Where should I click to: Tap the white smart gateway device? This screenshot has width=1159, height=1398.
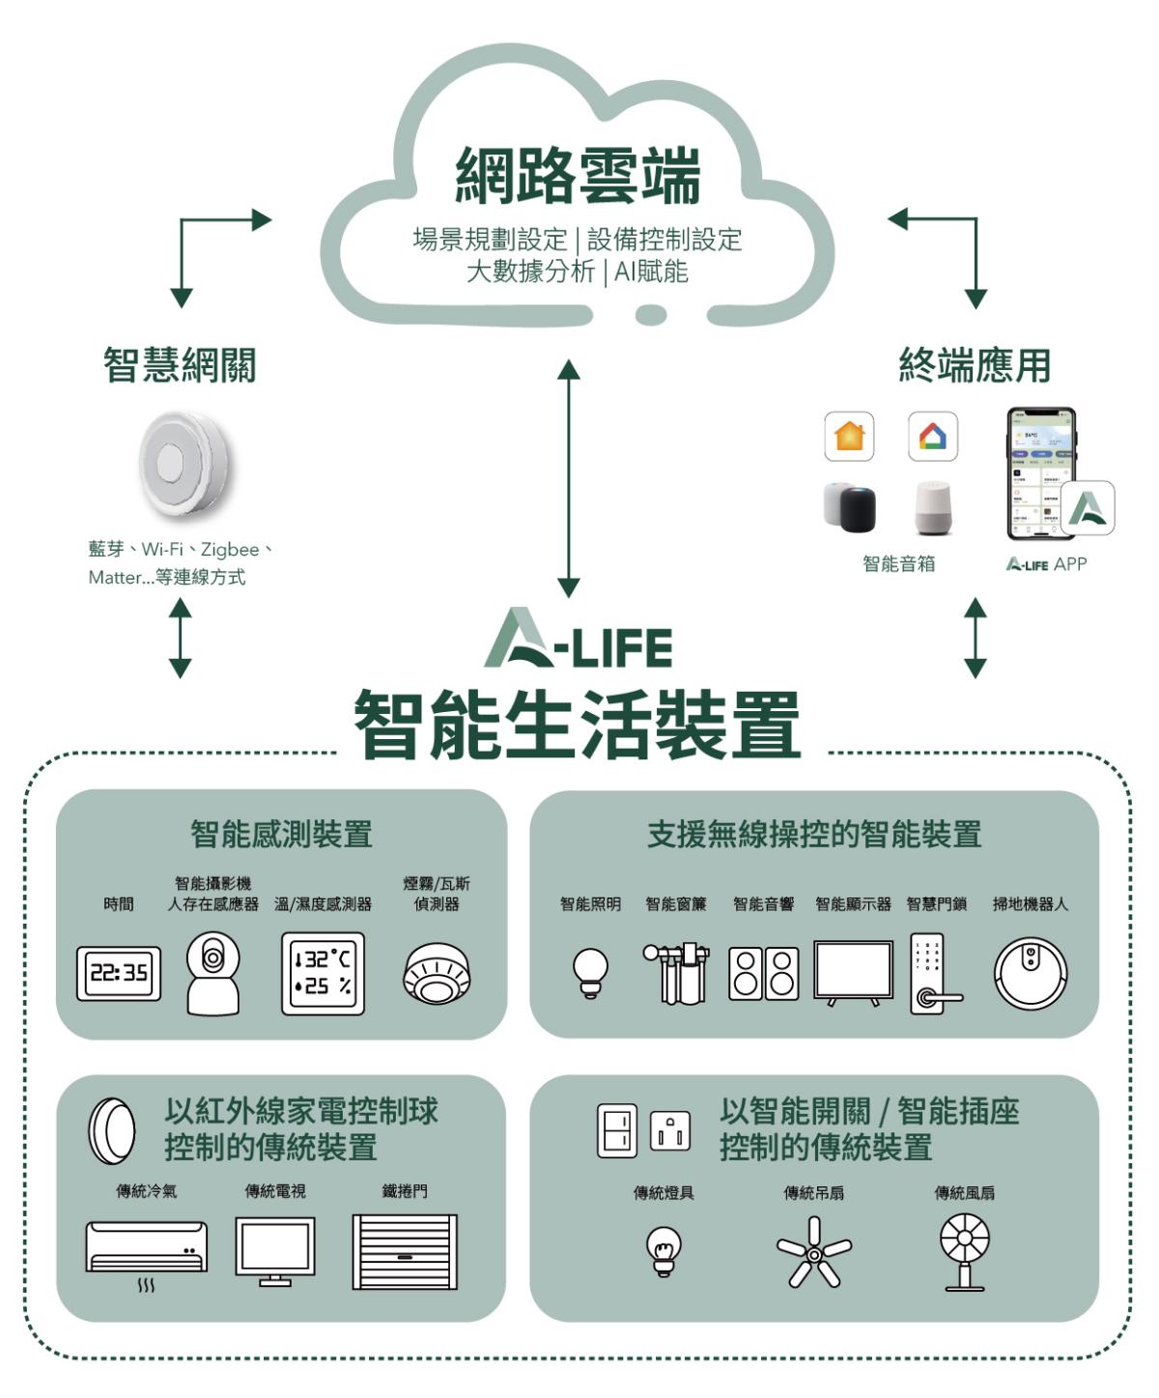click(184, 464)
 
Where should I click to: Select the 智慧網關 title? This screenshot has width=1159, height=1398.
click(180, 365)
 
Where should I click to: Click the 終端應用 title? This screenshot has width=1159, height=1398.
click(974, 365)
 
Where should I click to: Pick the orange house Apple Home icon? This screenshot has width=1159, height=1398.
click(849, 436)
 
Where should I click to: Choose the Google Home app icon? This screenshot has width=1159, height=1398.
click(933, 436)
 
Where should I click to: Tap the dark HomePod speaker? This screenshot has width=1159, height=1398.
click(857, 508)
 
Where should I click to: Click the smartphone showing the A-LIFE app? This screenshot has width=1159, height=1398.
click(1040, 473)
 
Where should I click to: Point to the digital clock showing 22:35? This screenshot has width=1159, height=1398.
click(119, 973)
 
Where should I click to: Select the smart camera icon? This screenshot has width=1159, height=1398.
click(212, 972)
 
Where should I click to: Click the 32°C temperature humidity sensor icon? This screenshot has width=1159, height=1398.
click(323, 973)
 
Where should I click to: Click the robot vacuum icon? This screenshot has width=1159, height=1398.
click(1031, 973)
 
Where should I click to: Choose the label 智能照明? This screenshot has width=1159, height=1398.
click(590, 903)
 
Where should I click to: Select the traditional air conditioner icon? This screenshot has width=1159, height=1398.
click(147, 1246)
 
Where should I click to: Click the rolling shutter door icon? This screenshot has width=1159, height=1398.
click(405, 1251)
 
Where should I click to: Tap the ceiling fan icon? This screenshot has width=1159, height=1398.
click(814, 1253)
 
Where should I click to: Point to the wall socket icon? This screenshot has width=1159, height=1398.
click(670, 1130)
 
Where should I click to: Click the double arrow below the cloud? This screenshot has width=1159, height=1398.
click(569, 478)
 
